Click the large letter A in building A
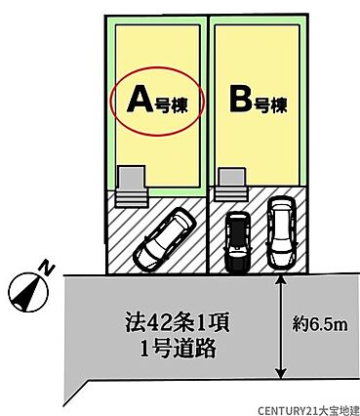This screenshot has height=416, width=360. [140, 101]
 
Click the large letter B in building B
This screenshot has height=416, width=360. [241, 100]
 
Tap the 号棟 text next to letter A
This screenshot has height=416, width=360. [171, 105]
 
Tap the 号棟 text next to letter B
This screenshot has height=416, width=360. [270, 104]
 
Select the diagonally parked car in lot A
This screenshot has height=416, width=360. [165, 238]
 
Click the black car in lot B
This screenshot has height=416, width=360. [238, 242]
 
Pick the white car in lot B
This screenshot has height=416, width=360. [282, 232]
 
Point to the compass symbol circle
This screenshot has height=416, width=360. [28, 291]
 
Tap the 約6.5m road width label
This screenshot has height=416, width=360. [320, 324]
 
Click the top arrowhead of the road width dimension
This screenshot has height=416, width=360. [280, 279]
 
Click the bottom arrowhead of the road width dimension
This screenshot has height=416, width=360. [280, 373]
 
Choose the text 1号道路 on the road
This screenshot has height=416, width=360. [178, 348]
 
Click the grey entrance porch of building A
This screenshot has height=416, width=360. [131, 178]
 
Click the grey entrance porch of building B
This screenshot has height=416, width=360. [232, 177]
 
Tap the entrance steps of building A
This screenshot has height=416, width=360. [131, 198]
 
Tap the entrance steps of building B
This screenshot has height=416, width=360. [231, 194]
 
